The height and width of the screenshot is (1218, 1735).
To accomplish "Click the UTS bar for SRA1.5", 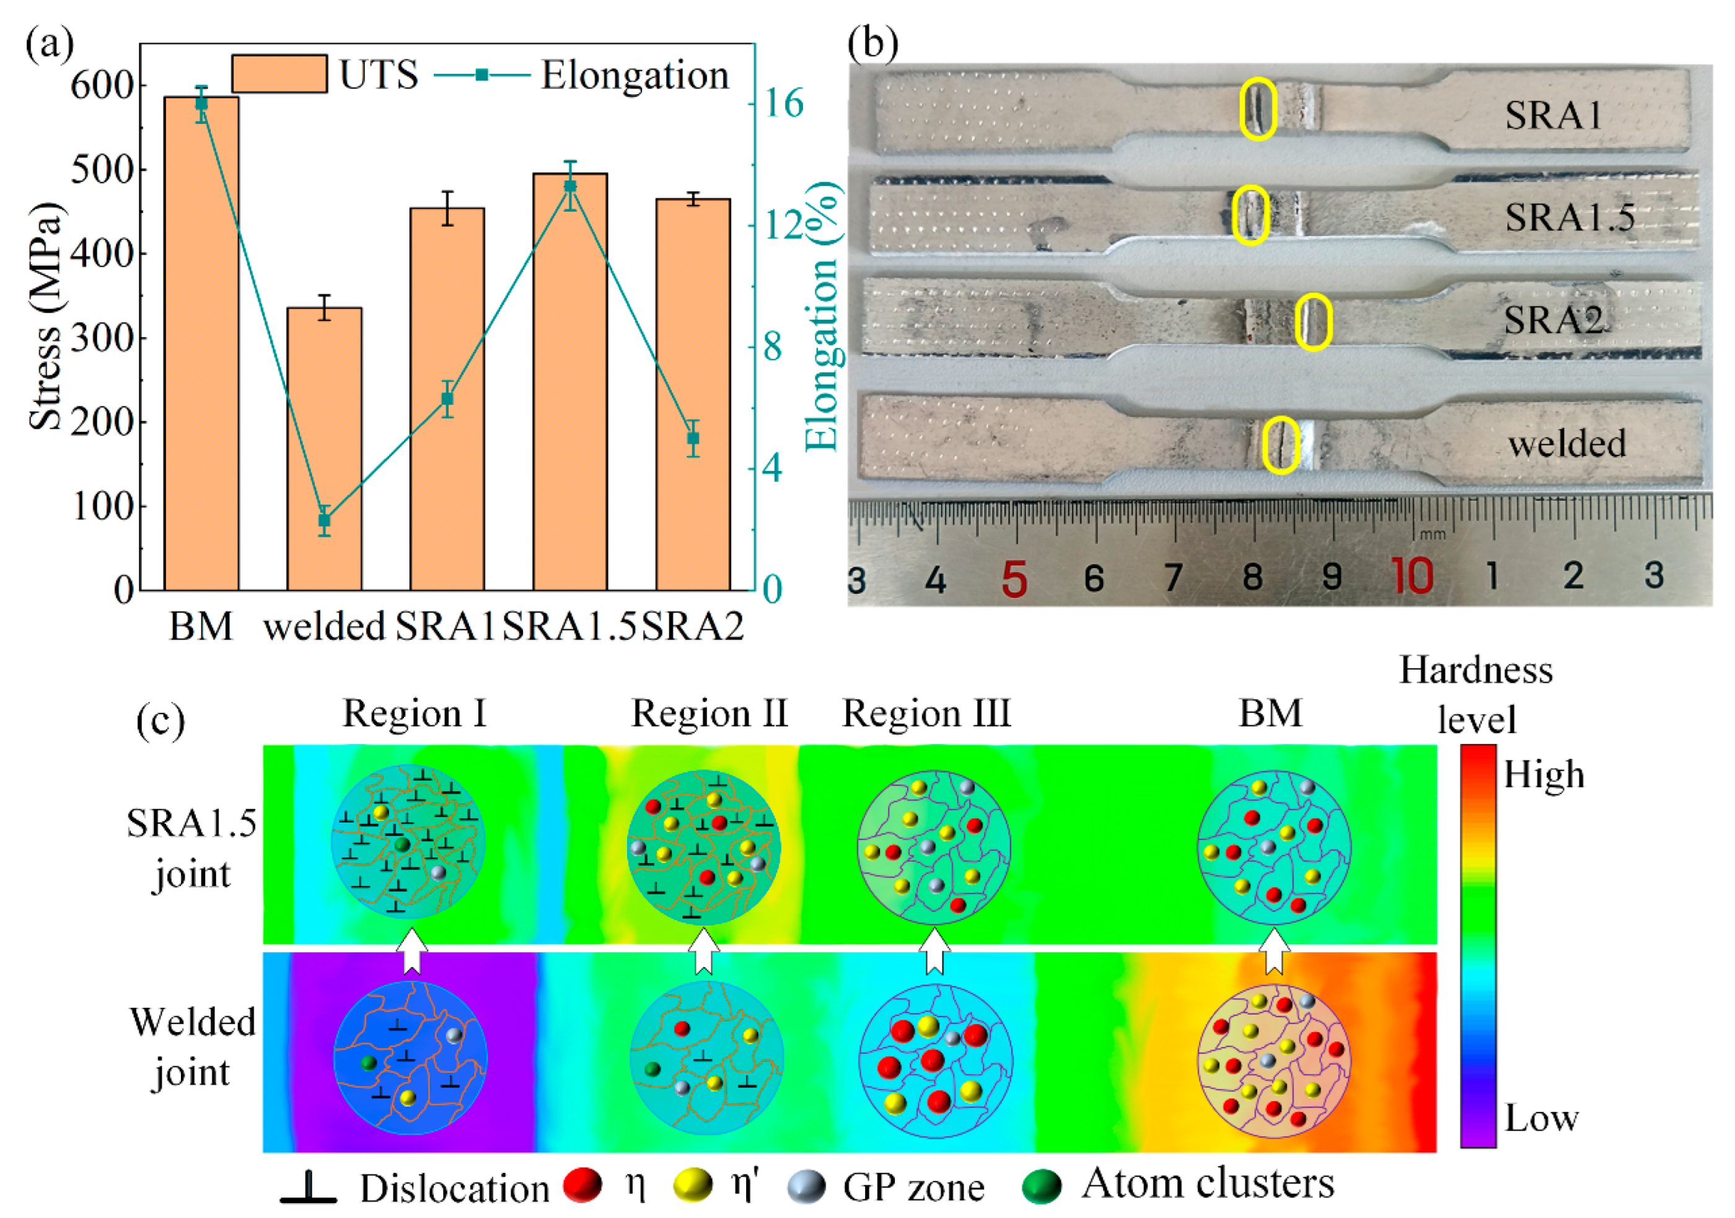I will click(570, 382).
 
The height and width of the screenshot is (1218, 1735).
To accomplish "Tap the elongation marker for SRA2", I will click(693, 438).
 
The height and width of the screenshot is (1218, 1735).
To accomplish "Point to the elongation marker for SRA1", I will click(447, 399).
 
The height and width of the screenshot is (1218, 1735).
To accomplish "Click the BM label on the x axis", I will click(201, 626).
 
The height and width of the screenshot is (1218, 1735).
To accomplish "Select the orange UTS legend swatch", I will click(279, 74).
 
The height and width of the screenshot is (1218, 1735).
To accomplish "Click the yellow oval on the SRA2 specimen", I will click(1314, 322).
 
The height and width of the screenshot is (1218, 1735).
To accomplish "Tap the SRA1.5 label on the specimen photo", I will click(1570, 217).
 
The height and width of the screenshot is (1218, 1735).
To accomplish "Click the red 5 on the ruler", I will click(1014, 579).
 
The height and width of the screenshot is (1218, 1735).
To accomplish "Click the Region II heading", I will click(709, 713).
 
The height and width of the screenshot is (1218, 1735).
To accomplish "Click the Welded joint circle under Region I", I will click(410, 1057).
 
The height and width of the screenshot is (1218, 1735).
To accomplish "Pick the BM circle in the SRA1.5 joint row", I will click(1274, 847).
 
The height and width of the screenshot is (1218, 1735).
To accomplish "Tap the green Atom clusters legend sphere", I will click(1041, 1186).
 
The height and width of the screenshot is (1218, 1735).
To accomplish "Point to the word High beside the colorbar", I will click(1543, 774).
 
